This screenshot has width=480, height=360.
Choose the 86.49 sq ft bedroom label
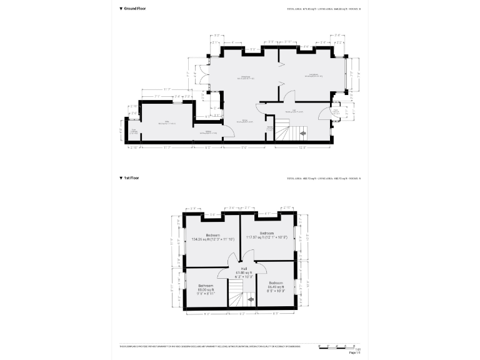click(276, 288)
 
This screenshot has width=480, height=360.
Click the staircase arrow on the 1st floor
click(250, 301)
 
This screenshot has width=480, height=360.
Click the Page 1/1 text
click(354, 353)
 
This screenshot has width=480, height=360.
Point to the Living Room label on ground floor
click(313, 75)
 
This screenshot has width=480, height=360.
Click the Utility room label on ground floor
click(167, 122)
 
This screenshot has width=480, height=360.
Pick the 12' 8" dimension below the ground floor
click(302, 148)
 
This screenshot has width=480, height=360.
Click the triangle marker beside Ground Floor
click(121, 9)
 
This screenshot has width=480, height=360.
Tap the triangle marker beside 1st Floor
click(121, 178)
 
